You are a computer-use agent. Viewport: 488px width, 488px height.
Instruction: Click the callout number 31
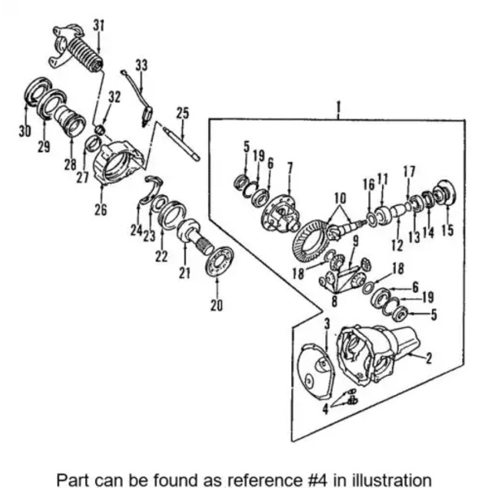pyautogui.click(x=98, y=25)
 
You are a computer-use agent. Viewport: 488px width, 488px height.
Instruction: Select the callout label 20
pyautogui.click(x=216, y=306)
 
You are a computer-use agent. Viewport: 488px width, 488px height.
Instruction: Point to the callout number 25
pyautogui.click(x=182, y=112)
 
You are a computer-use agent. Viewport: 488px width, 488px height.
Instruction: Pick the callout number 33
pyautogui.click(x=142, y=64)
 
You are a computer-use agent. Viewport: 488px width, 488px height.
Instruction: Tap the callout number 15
pyautogui.click(x=447, y=231)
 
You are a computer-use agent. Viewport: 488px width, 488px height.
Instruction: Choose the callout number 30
pyautogui.click(x=24, y=130)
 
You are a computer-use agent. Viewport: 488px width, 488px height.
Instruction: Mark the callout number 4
pyautogui.click(x=325, y=409)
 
